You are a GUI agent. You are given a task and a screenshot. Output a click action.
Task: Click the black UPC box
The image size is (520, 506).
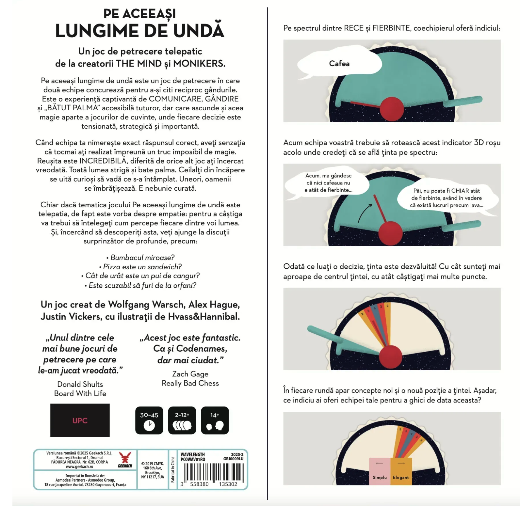click(x=80, y=420)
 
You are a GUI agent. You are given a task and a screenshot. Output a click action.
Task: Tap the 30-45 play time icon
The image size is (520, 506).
click(x=149, y=420)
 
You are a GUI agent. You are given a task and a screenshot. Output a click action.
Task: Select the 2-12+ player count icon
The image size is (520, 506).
click(x=182, y=420)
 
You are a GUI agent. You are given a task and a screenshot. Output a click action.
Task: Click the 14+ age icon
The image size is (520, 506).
click(x=215, y=420)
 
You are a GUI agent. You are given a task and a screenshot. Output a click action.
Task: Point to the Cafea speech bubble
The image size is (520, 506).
click(x=339, y=64)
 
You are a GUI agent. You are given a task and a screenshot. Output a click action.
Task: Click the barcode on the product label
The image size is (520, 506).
click(x=214, y=472)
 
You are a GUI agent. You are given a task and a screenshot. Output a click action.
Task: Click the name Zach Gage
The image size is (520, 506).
click(x=190, y=374)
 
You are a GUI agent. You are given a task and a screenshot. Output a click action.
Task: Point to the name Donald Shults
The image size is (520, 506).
click(x=80, y=384)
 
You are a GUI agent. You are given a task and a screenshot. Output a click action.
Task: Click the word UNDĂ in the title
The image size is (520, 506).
click(x=199, y=31)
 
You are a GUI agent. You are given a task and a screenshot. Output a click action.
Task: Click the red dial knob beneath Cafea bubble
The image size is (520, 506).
click(x=392, y=109)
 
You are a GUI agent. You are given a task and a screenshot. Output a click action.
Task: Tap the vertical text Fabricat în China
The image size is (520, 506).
click(x=172, y=469)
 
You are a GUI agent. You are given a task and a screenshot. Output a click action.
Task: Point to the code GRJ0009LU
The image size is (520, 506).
click(x=233, y=459)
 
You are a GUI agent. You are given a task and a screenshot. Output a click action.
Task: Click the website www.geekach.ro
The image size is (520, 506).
click(x=79, y=466)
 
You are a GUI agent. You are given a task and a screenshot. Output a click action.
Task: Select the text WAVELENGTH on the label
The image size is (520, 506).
click(x=193, y=454)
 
